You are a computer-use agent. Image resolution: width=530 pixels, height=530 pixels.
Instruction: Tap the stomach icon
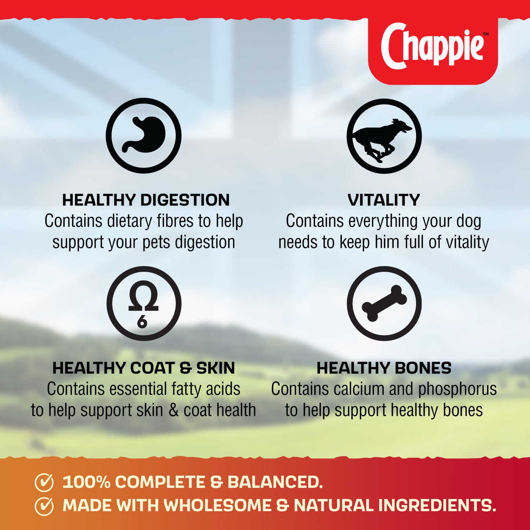[144, 135]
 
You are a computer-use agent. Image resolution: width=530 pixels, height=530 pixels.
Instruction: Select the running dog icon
[384, 136]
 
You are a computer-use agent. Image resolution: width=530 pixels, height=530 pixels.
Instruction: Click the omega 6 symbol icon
[144, 303]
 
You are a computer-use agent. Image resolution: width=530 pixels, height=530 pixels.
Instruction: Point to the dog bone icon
[384, 303]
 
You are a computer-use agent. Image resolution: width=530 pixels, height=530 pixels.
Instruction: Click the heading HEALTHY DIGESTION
[146, 200]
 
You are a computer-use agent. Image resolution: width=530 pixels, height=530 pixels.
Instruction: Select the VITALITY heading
[384, 200]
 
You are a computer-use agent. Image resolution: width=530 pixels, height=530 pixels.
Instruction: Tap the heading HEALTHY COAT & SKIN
[143, 368]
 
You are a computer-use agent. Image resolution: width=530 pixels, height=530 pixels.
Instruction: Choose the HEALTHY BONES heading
[384, 368]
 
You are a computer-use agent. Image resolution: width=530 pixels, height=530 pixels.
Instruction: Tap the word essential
[134, 389]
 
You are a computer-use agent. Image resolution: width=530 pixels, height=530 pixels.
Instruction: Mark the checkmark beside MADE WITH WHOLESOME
[44, 506]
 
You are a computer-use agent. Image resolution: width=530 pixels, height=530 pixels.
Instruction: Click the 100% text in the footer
[86, 482]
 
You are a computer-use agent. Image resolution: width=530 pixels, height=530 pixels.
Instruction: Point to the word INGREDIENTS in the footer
[436, 505]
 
